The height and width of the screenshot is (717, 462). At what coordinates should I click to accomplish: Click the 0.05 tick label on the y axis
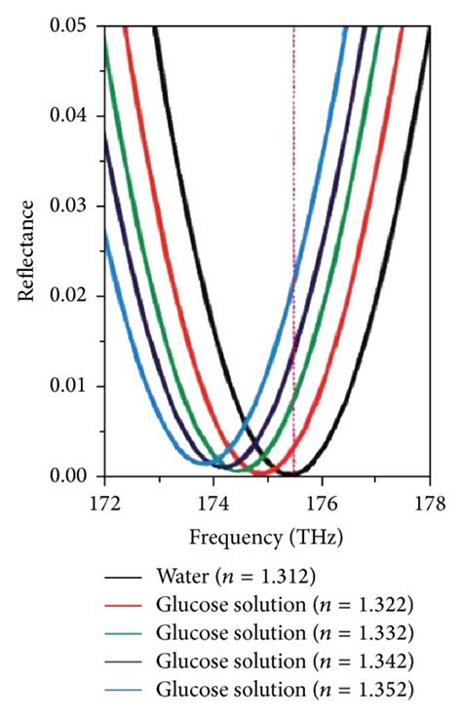click(72, 25)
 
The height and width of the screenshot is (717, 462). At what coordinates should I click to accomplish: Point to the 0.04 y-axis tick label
click(72, 116)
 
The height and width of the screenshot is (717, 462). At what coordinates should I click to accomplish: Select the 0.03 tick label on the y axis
click(72, 207)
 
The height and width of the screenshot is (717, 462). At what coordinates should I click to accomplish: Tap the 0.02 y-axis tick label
click(72, 296)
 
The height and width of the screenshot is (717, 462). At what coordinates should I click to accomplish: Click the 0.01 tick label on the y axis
click(72, 387)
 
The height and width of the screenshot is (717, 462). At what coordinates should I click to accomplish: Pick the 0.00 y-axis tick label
click(72, 476)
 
